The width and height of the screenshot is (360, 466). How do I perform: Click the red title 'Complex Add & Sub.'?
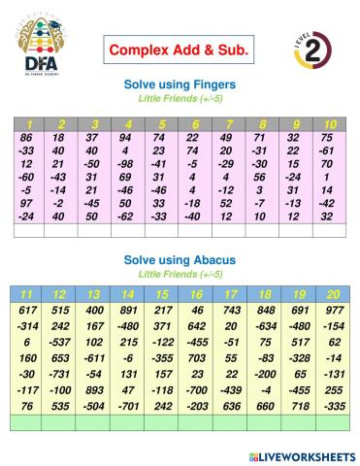178,49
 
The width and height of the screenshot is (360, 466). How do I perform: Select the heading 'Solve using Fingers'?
180,84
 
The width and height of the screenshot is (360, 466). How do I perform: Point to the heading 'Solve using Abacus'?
180,260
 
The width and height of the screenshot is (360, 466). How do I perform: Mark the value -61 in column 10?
329,151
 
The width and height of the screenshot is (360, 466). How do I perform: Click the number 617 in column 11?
27,309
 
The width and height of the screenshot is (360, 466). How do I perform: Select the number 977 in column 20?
334,309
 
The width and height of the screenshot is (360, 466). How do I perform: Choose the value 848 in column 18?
265,309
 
